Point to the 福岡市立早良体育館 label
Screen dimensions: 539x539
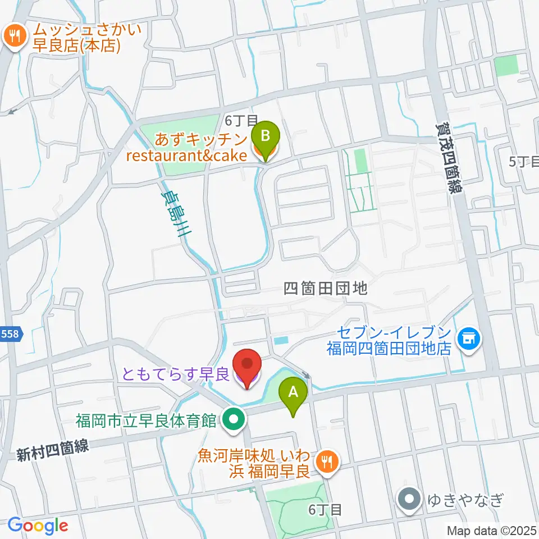148,420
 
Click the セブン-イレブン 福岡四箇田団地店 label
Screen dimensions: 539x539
390,340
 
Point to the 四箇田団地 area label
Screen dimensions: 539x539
326,289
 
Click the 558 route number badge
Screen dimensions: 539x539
11,334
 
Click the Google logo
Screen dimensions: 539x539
38,526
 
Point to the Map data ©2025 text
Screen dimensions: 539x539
491,530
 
